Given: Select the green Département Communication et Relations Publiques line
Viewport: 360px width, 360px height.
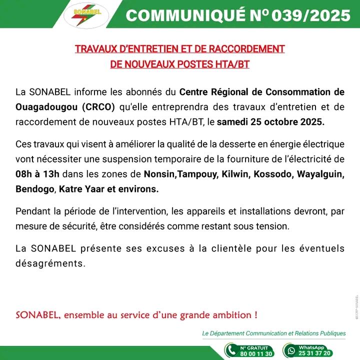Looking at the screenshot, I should click(x=273, y=333).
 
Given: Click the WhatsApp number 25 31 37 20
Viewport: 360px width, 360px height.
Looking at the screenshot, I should click(x=314, y=353).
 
